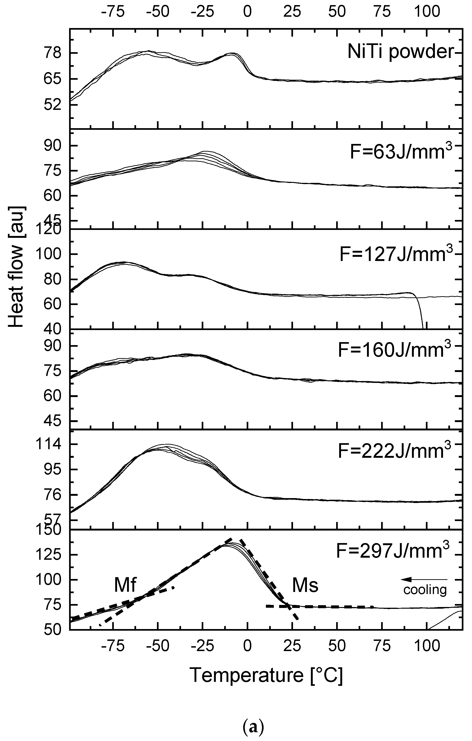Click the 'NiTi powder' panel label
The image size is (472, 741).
point(401,52)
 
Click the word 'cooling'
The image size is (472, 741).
point(425,590)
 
